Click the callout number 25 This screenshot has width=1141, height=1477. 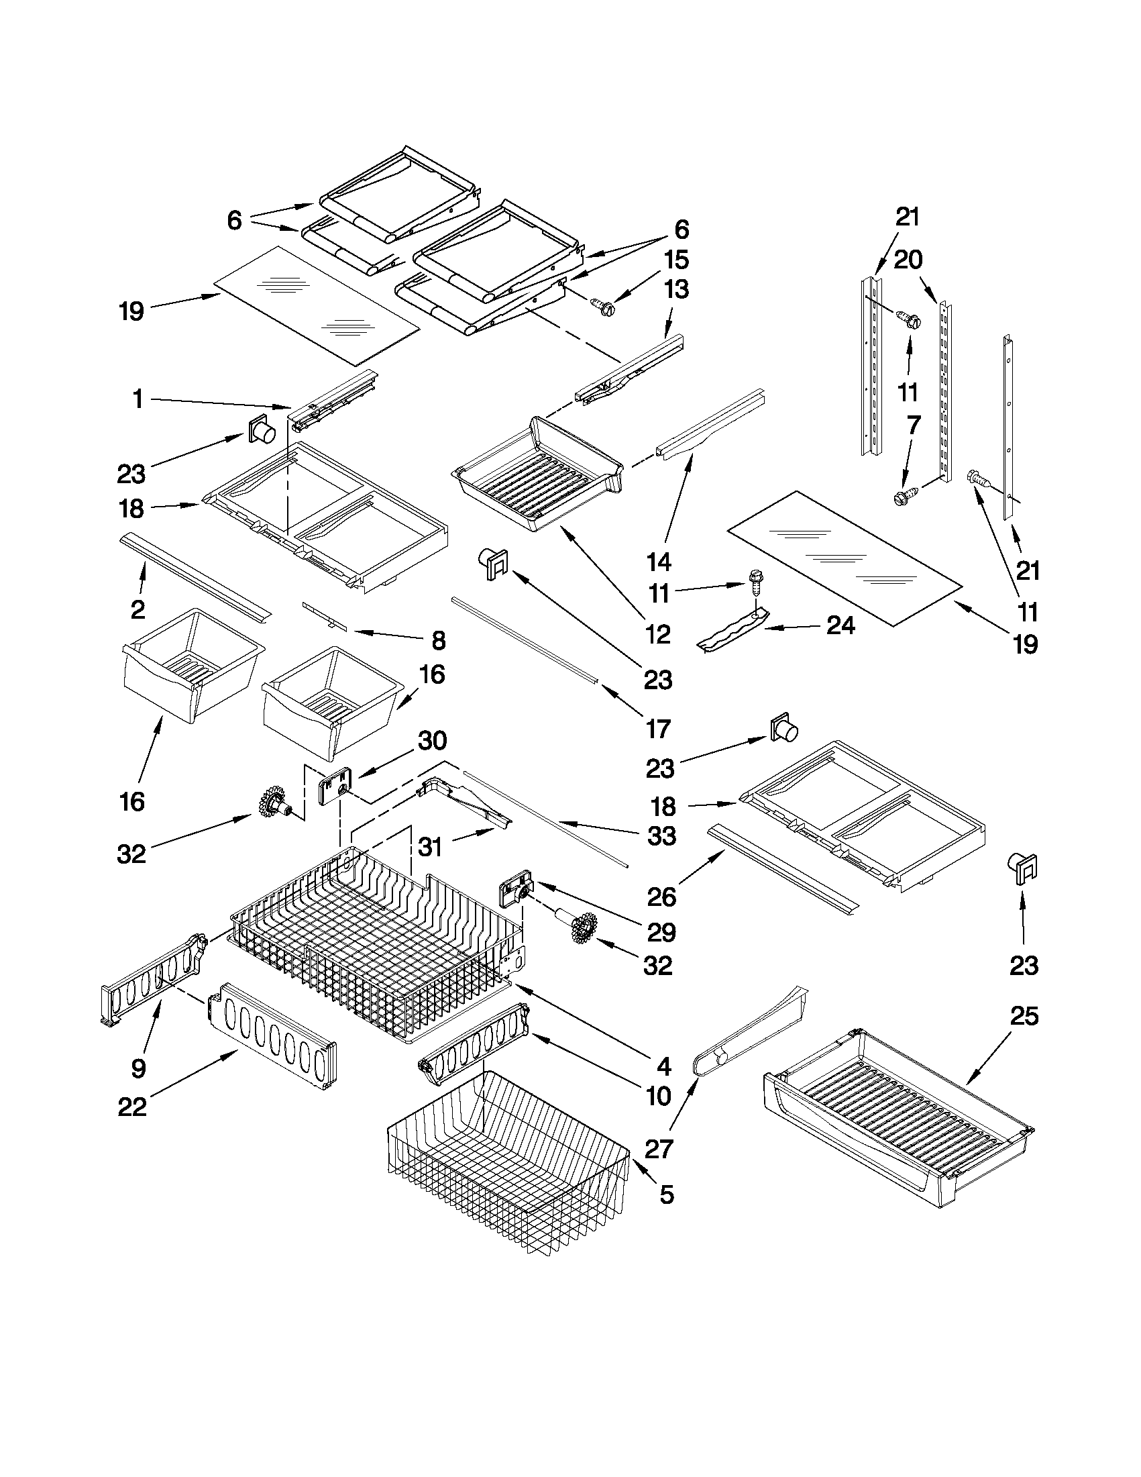pyautogui.click(x=1024, y=1017)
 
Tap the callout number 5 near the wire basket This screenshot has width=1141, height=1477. pyautogui.click(x=666, y=1195)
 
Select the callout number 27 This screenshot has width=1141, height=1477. pyautogui.click(x=659, y=1148)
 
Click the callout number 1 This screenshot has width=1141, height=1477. pyautogui.click(x=138, y=399)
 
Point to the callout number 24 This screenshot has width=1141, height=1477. pyautogui.click(x=840, y=625)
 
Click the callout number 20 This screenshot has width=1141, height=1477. pyautogui.click(x=908, y=259)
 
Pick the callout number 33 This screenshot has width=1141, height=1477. pyautogui.click(x=661, y=836)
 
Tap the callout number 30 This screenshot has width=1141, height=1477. pyautogui.click(x=432, y=741)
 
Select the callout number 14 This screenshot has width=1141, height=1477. pyautogui.click(x=659, y=561)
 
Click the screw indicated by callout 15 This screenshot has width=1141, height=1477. pyautogui.click(x=601, y=306)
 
